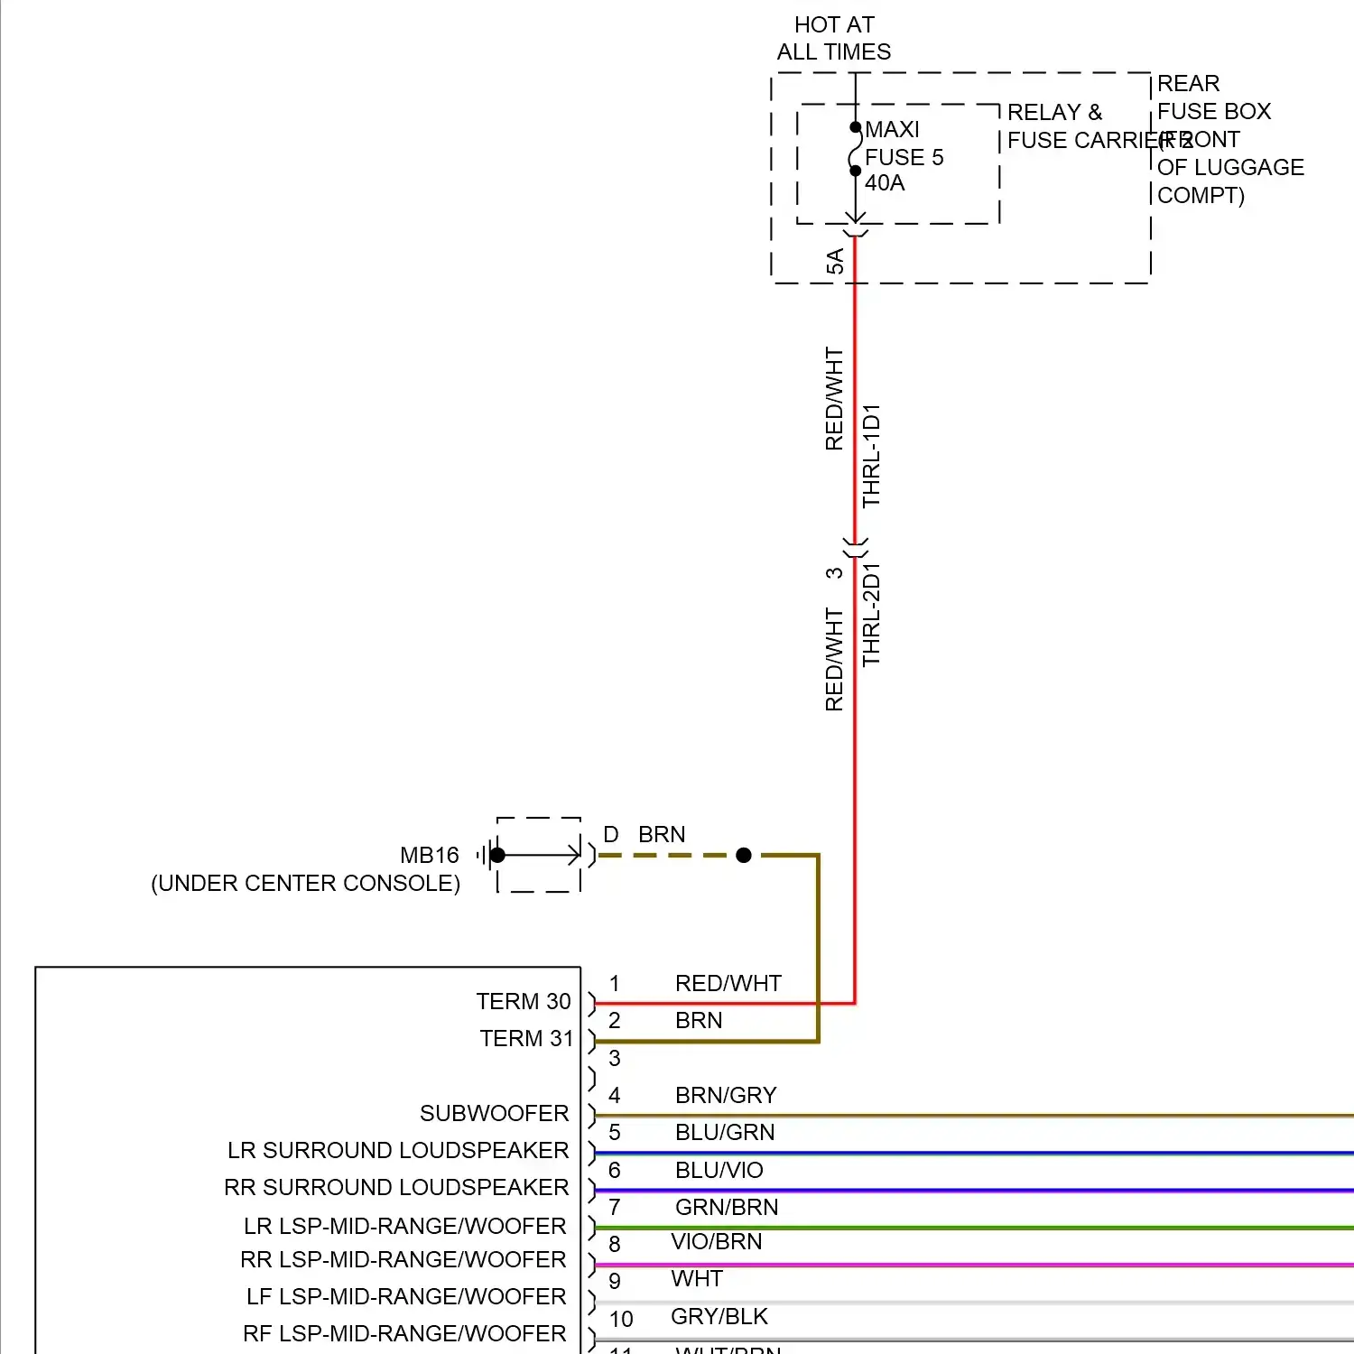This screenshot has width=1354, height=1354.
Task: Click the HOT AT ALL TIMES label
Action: pyautogui.click(x=834, y=38)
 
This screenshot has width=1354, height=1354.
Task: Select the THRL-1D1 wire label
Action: pyautogui.click(x=871, y=456)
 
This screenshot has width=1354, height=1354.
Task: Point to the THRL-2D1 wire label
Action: pyautogui.click(x=871, y=615)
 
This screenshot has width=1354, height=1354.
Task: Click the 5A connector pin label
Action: pyautogui.click(x=835, y=262)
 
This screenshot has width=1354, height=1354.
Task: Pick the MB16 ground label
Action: pyautogui.click(x=430, y=855)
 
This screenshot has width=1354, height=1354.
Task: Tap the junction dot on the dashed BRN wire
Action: pyautogui.click(x=744, y=855)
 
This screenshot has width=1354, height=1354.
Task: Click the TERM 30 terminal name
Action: pyautogui.click(x=524, y=1001)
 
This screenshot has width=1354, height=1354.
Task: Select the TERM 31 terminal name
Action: pyautogui.click(x=526, y=1038)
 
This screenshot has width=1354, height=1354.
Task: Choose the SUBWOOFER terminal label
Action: pyautogui.click(x=494, y=1113)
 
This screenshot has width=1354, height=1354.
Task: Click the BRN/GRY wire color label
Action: pyautogui.click(x=726, y=1095)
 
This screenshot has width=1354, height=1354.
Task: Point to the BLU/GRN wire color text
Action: pyautogui.click(x=725, y=1132)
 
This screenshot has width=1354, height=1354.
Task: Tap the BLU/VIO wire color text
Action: pyautogui.click(x=719, y=1170)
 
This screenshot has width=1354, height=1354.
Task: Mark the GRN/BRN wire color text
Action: pyautogui.click(x=727, y=1207)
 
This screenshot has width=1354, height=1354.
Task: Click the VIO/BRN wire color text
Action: pyautogui.click(x=717, y=1241)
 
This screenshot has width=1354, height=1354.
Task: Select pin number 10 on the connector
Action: pyautogui.click(x=621, y=1319)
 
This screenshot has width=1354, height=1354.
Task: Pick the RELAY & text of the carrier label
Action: pyautogui.click(x=1054, y=112)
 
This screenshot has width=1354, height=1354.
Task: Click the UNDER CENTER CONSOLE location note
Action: pyautogui.click(x=305, y=883)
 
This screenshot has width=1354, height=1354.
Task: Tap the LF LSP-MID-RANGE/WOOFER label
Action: pyautogui.click(x=406, y=1296)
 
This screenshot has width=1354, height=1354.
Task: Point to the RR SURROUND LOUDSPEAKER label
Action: pyautogui.click(x=396, y=1187)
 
